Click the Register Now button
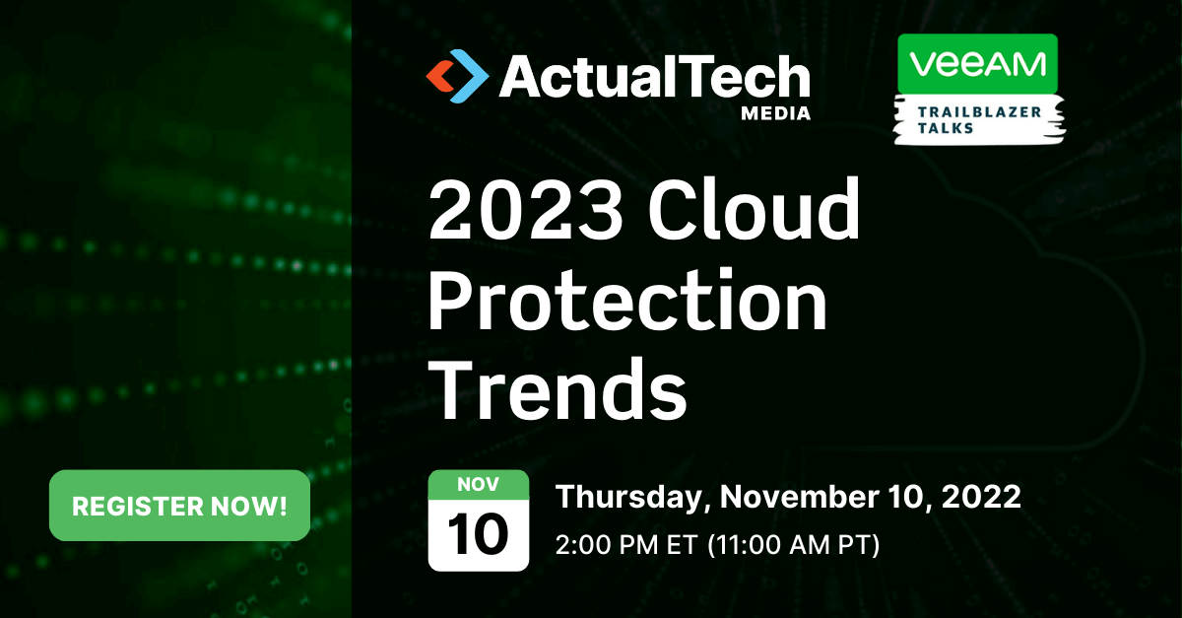[179, 507]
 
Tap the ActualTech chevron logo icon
[456, 76]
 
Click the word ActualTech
[654, 75]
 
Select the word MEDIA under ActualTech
[776, 113]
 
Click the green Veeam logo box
[977, 64]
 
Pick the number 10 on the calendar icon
[479, 534]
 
